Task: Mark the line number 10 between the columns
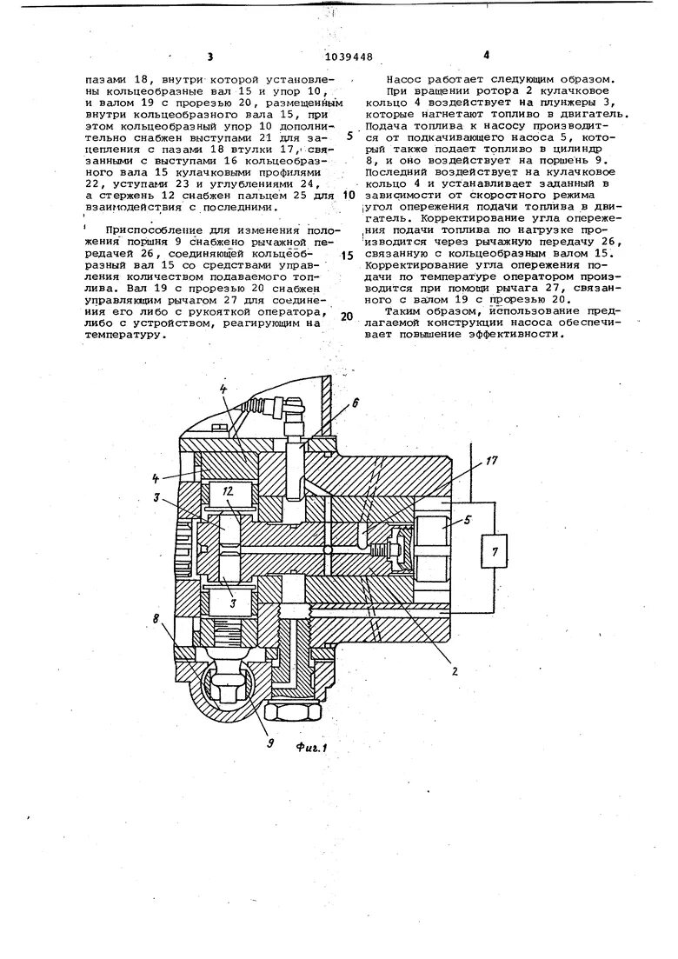[x=349, y=196]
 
